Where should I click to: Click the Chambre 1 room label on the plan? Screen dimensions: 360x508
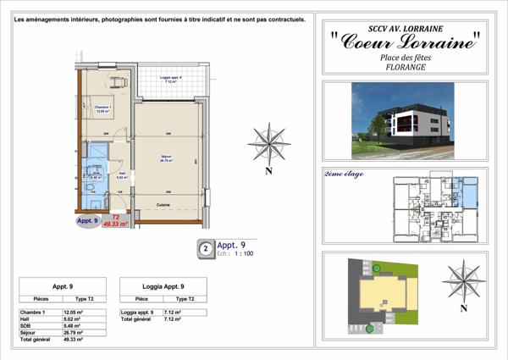tap(104, 108)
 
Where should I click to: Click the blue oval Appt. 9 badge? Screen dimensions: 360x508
tap(87, 221)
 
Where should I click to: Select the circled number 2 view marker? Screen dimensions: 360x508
tap(204, 250)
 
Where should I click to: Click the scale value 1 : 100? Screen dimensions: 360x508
tap(242, 254)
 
